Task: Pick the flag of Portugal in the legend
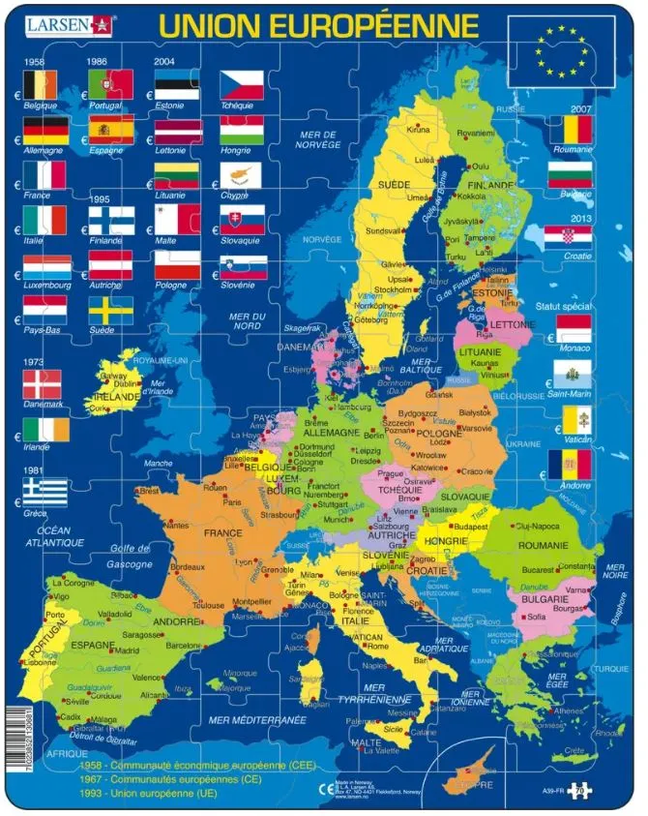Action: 111,84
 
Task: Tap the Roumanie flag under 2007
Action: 570,130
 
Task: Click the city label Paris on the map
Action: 232,502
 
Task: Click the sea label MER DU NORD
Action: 247,320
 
